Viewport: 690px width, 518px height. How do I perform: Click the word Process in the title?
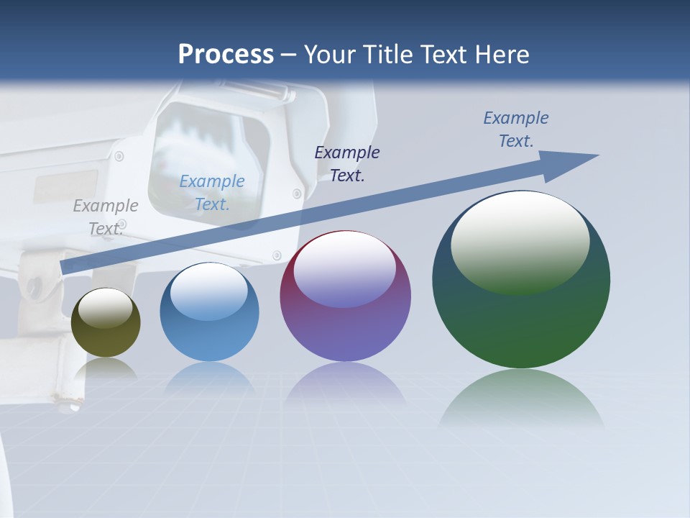point(226,55)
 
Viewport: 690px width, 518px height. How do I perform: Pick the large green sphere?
point(521,317)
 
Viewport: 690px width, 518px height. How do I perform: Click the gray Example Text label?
point(106,217)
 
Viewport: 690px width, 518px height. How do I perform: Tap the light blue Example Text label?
point(212,192)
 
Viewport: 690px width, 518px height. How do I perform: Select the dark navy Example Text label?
point(347,163)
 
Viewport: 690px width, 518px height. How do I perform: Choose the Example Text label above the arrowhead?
point(516,129)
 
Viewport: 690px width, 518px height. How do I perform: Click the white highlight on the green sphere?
point(520,241)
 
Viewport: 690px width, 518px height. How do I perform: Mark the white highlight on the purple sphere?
point(345,270)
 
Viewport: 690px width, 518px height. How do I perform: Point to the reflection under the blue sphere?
point(209,378)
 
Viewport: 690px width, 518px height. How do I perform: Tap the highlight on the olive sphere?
point(106,308)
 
